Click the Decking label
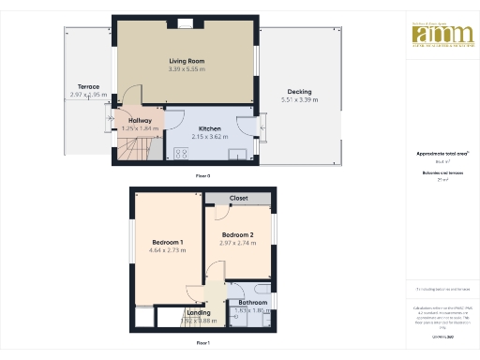[299, 92]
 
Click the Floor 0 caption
[202, 175]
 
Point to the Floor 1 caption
[202, 344]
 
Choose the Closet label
[239, 199]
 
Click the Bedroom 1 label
[168, 243]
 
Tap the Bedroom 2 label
[238, 234]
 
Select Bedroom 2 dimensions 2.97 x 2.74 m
[238, 243]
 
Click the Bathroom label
[252, 303]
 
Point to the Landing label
[198, 312]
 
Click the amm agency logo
[437, 34]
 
